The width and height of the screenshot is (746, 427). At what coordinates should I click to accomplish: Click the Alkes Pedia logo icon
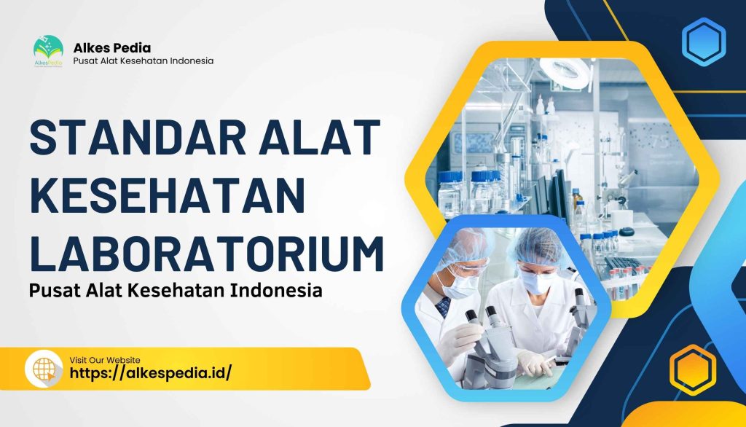(x=48, y=51)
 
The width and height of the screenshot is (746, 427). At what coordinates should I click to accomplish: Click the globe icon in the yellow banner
(x=44, y=369)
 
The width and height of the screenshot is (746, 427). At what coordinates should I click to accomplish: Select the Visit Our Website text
(x=105, y=360)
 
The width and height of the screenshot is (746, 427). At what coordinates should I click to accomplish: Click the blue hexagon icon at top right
(x=704, y=42)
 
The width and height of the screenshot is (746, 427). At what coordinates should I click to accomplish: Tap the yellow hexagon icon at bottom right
(x=692, y=369)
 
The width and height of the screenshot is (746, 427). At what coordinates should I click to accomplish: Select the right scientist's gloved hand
(x=535, y=362)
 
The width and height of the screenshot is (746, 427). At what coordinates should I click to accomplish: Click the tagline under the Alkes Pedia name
(x=144, y=60)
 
